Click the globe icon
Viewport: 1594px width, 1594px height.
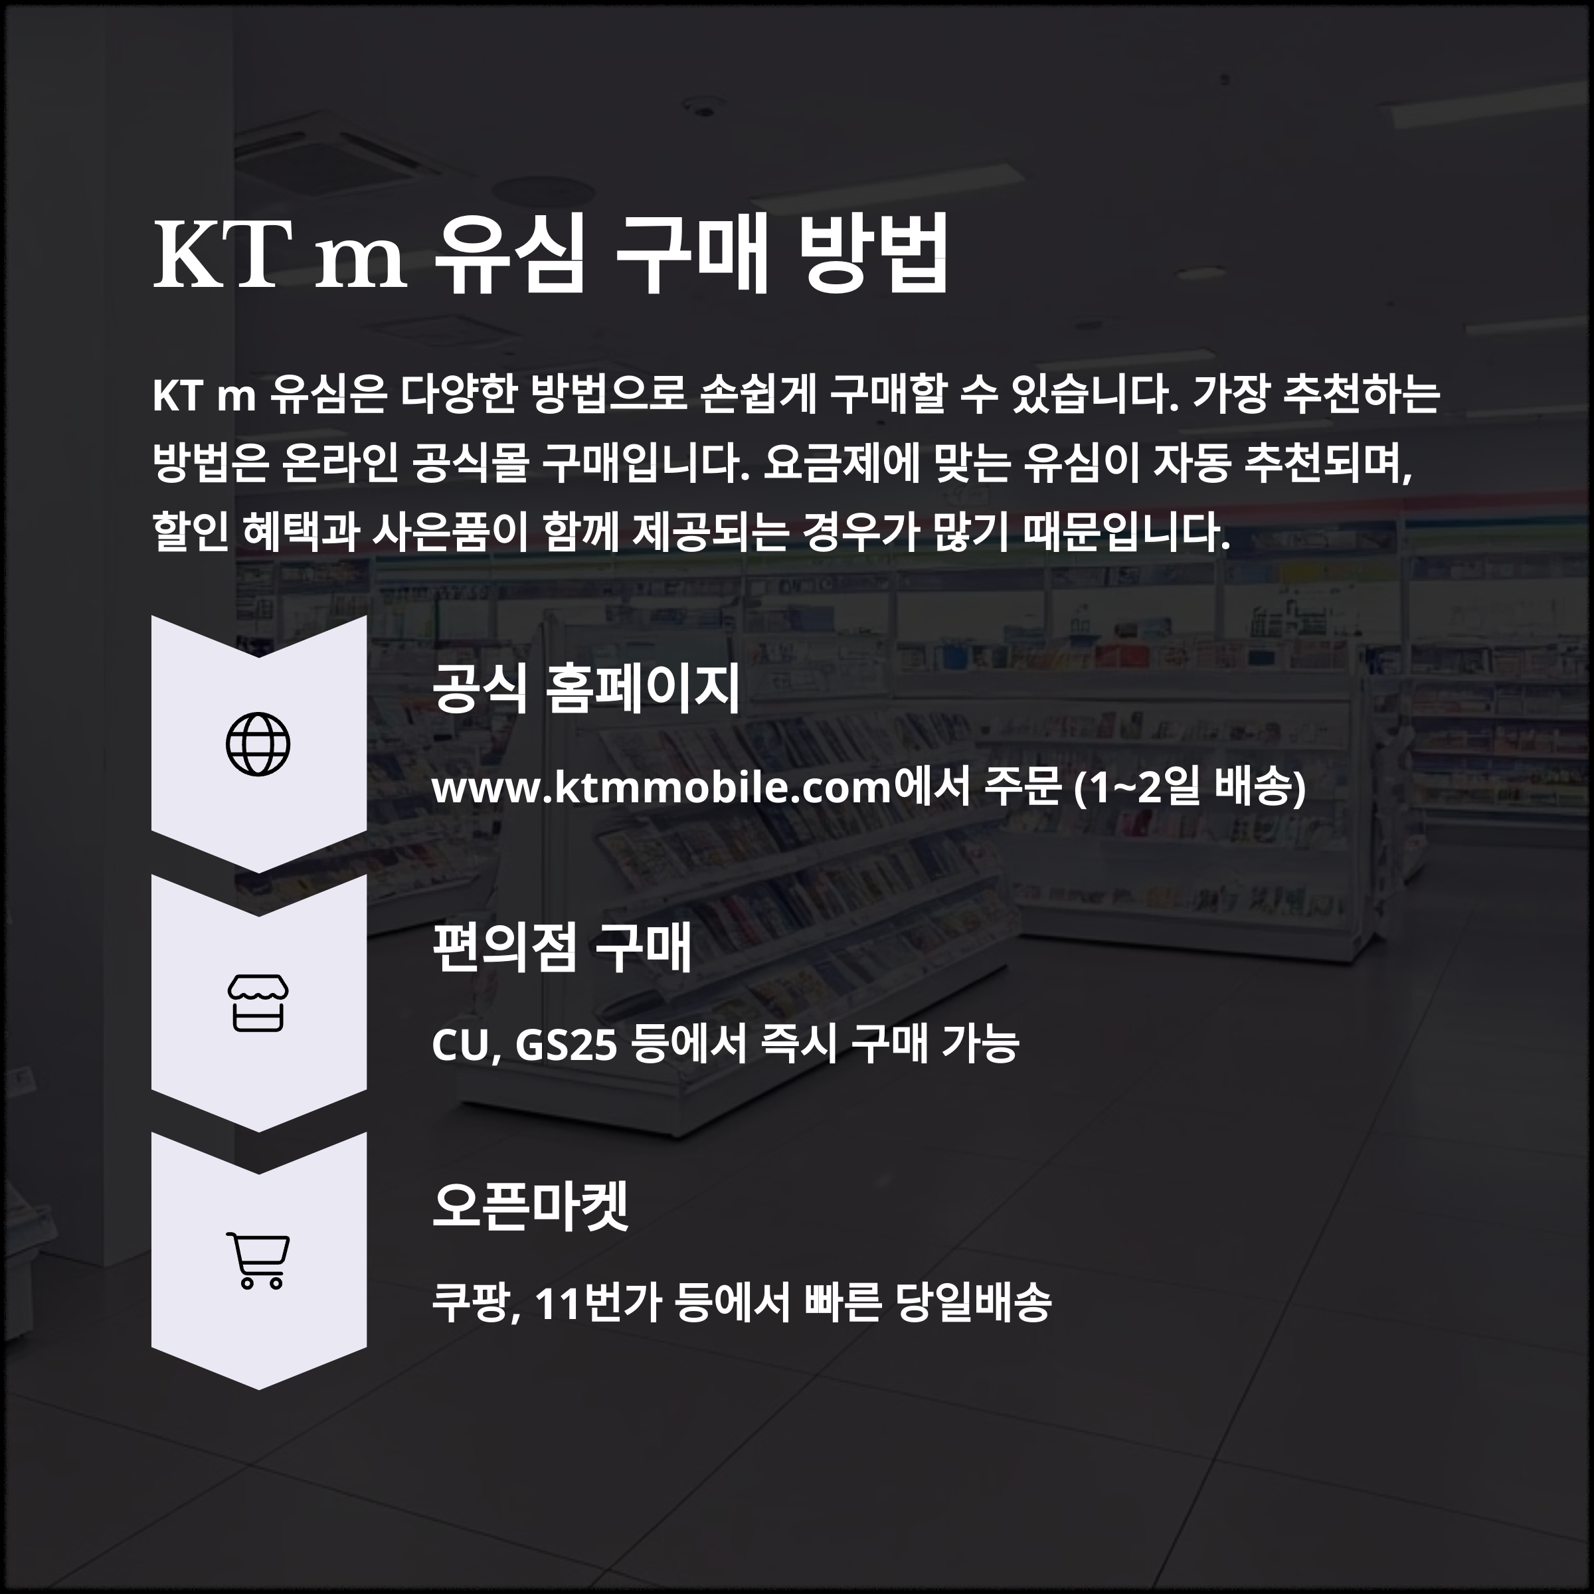pos(258,744)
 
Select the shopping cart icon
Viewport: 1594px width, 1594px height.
pos(258,1261)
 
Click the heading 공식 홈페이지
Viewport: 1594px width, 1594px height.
pos(586,689)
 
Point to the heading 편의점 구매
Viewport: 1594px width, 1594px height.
pos(562,947)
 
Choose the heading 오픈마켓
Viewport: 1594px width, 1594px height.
pos(531,1205)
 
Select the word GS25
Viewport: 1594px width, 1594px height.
pos(566,1045)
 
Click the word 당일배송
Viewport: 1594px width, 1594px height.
pos(974,1304)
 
